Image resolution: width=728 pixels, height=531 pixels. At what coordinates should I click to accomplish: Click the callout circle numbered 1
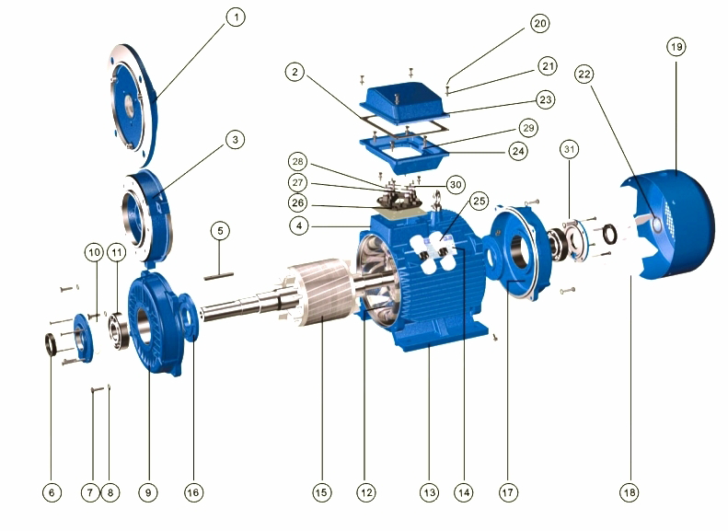click(236, 17)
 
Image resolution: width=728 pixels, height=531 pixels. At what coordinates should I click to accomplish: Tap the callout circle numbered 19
click(676, 47)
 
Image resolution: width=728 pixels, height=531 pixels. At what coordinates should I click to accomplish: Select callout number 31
click(569, 149)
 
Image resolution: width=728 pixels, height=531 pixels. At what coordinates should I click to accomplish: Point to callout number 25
click(479, 201)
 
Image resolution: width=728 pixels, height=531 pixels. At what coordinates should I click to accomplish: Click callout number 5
click(220, 231)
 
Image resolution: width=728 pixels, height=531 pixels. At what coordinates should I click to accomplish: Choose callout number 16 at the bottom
click(192, 492)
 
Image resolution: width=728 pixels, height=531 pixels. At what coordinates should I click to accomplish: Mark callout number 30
click(456, 185)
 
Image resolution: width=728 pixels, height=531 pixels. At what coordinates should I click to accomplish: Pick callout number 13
click(430, 492)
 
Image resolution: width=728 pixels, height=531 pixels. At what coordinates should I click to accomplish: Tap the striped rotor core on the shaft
click(317, 293)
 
